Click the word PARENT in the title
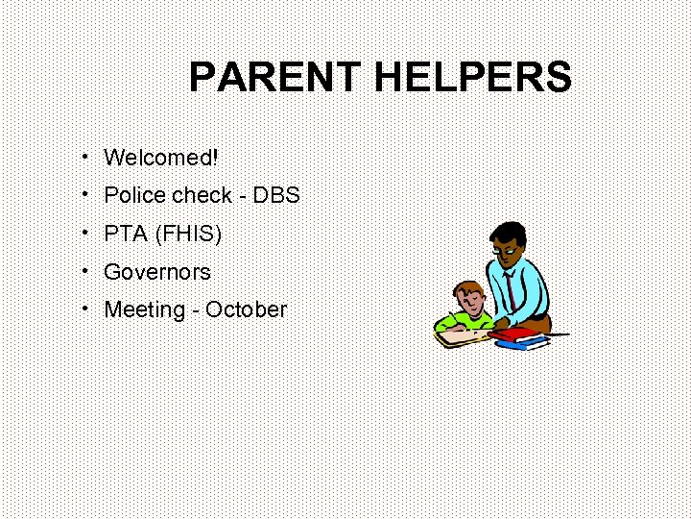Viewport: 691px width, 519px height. coord(276,77)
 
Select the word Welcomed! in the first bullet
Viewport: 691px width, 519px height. coord(161,157)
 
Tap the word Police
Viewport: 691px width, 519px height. coord(134,195)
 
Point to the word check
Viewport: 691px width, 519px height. coord(202,195)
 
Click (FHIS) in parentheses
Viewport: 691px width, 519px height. coord(187,234)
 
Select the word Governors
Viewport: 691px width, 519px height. coord(157,272)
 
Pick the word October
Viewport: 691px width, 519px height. coord(246,310)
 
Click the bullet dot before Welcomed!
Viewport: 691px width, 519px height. coord(85,155)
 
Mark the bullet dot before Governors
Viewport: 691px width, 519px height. coord(85,270)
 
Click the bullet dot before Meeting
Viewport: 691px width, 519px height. coord(85,309)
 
